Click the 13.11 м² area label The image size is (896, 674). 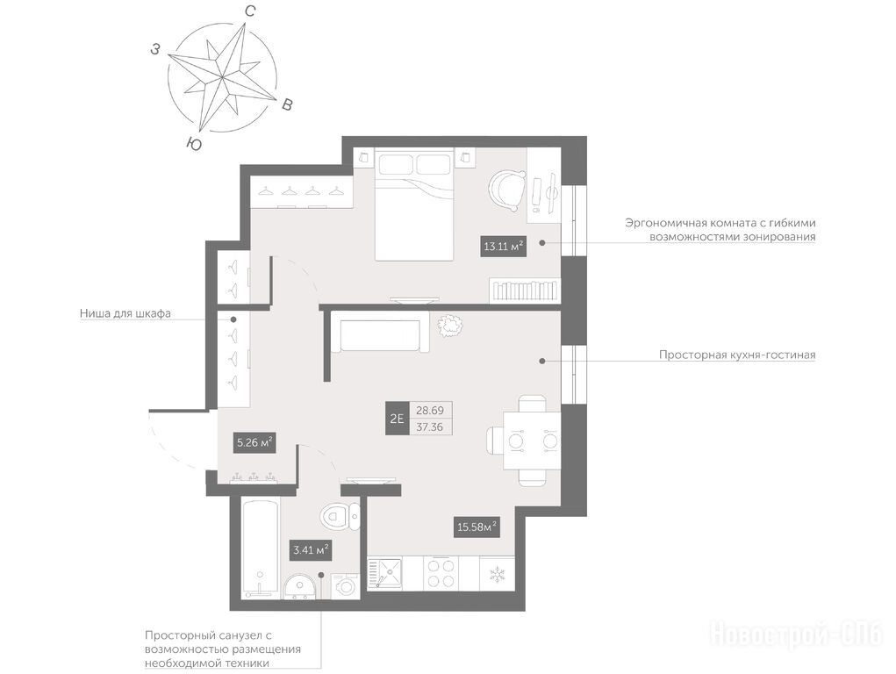pyautogui.click(x=504, y=247)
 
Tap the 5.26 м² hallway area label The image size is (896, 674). pyautogui.click(x=254, y=442)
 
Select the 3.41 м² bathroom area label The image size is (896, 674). pyautogui.click(x=312, y=550)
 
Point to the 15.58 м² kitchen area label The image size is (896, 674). pyautogui.click(x=477, y=527)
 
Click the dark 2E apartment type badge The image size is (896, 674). pyautogui.click(x=397, y=418)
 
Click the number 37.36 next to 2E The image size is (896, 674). pyautogui.click(x=430, y=427)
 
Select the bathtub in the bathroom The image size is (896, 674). pyautogui.click(x=261, y=548)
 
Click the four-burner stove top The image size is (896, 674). pyautogui.click(x=441, y=573)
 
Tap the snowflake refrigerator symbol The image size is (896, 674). pyautogui.click(x=496, y=575)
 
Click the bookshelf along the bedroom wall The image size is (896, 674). pyautogui.click(x=525, y=290)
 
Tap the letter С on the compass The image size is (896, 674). pyautogui.click(x=250, y=11)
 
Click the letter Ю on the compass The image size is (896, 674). pyautogui.click(x=194, y=144)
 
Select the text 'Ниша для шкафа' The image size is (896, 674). pyautogui.click(x=125, y=313)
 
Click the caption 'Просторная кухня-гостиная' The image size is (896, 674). pyautogui.click(x=737, y=355)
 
